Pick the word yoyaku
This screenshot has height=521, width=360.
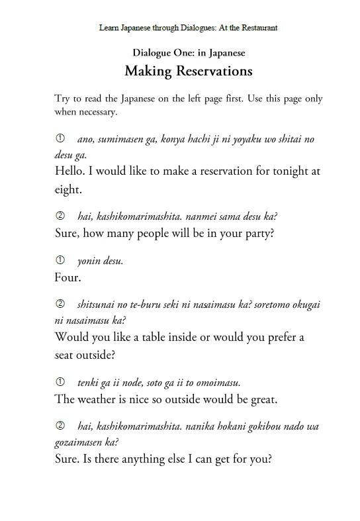pyautogui.click(x=250, y=140)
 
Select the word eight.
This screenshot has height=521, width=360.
pyautogui.click(x=68, y=189)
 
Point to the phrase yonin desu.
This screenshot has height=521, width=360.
pyautogui.click(x=100, y=261)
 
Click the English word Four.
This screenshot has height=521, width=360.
pyautogui.click(x=67, y=277)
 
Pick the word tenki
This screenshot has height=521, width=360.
pyautogui.click(x=89, y=382)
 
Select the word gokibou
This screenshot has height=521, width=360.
pyautogui.click(x=254, y=426)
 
